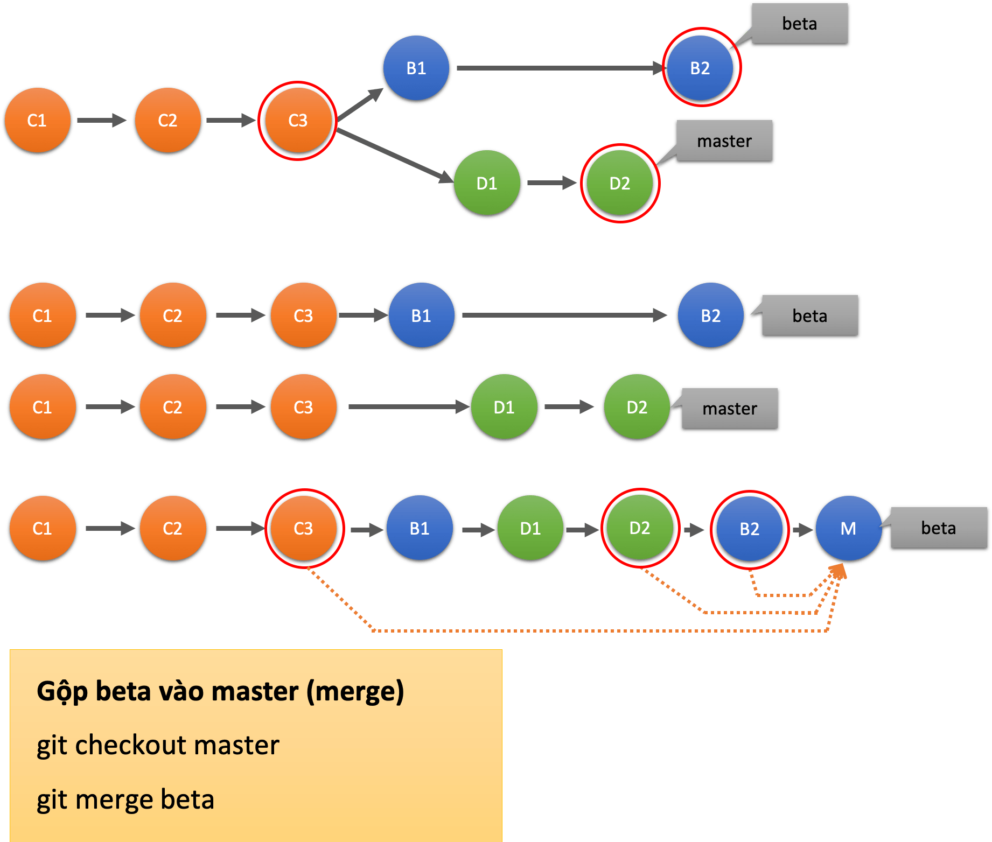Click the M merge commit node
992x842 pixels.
(x=848, y=528)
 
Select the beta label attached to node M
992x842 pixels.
(x=938, y=528)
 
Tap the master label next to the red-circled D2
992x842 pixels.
(x=724, y=141)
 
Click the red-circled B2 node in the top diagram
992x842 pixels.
(x=700, y=68)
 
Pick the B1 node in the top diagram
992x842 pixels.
(x=416, y=68)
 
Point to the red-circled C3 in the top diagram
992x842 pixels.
(x=298, y=120)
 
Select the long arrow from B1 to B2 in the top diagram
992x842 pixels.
(x=560, y=68)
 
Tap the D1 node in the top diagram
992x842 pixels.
(x=486, y=183)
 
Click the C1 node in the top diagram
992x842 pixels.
(x=37, y=120)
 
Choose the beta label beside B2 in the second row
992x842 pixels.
(x=809, y=316)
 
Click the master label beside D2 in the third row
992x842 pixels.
(x=729, y=409)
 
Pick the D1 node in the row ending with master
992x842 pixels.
(x=504, y=407)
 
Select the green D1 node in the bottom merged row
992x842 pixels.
(x=530, y=528)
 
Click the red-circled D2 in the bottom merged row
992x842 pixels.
(x=639, y=528)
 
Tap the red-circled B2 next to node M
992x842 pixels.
(x=749, y=529)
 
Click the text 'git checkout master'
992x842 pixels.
(x=158, y=746)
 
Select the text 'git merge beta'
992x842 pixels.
(x=125, y=799)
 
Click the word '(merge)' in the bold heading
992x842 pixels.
(x=355, y=692)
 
